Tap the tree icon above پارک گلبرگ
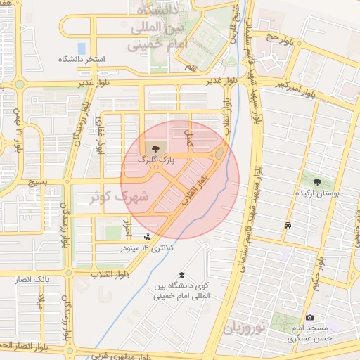tap(155, 149)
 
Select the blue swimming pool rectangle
tap(82, 49)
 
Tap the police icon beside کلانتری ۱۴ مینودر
tap(146, 238)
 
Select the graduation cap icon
tap(182, 275)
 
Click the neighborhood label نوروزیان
tap(246, 328)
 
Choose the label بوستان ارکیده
tap(320, 193)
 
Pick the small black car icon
tap(288, 226)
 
